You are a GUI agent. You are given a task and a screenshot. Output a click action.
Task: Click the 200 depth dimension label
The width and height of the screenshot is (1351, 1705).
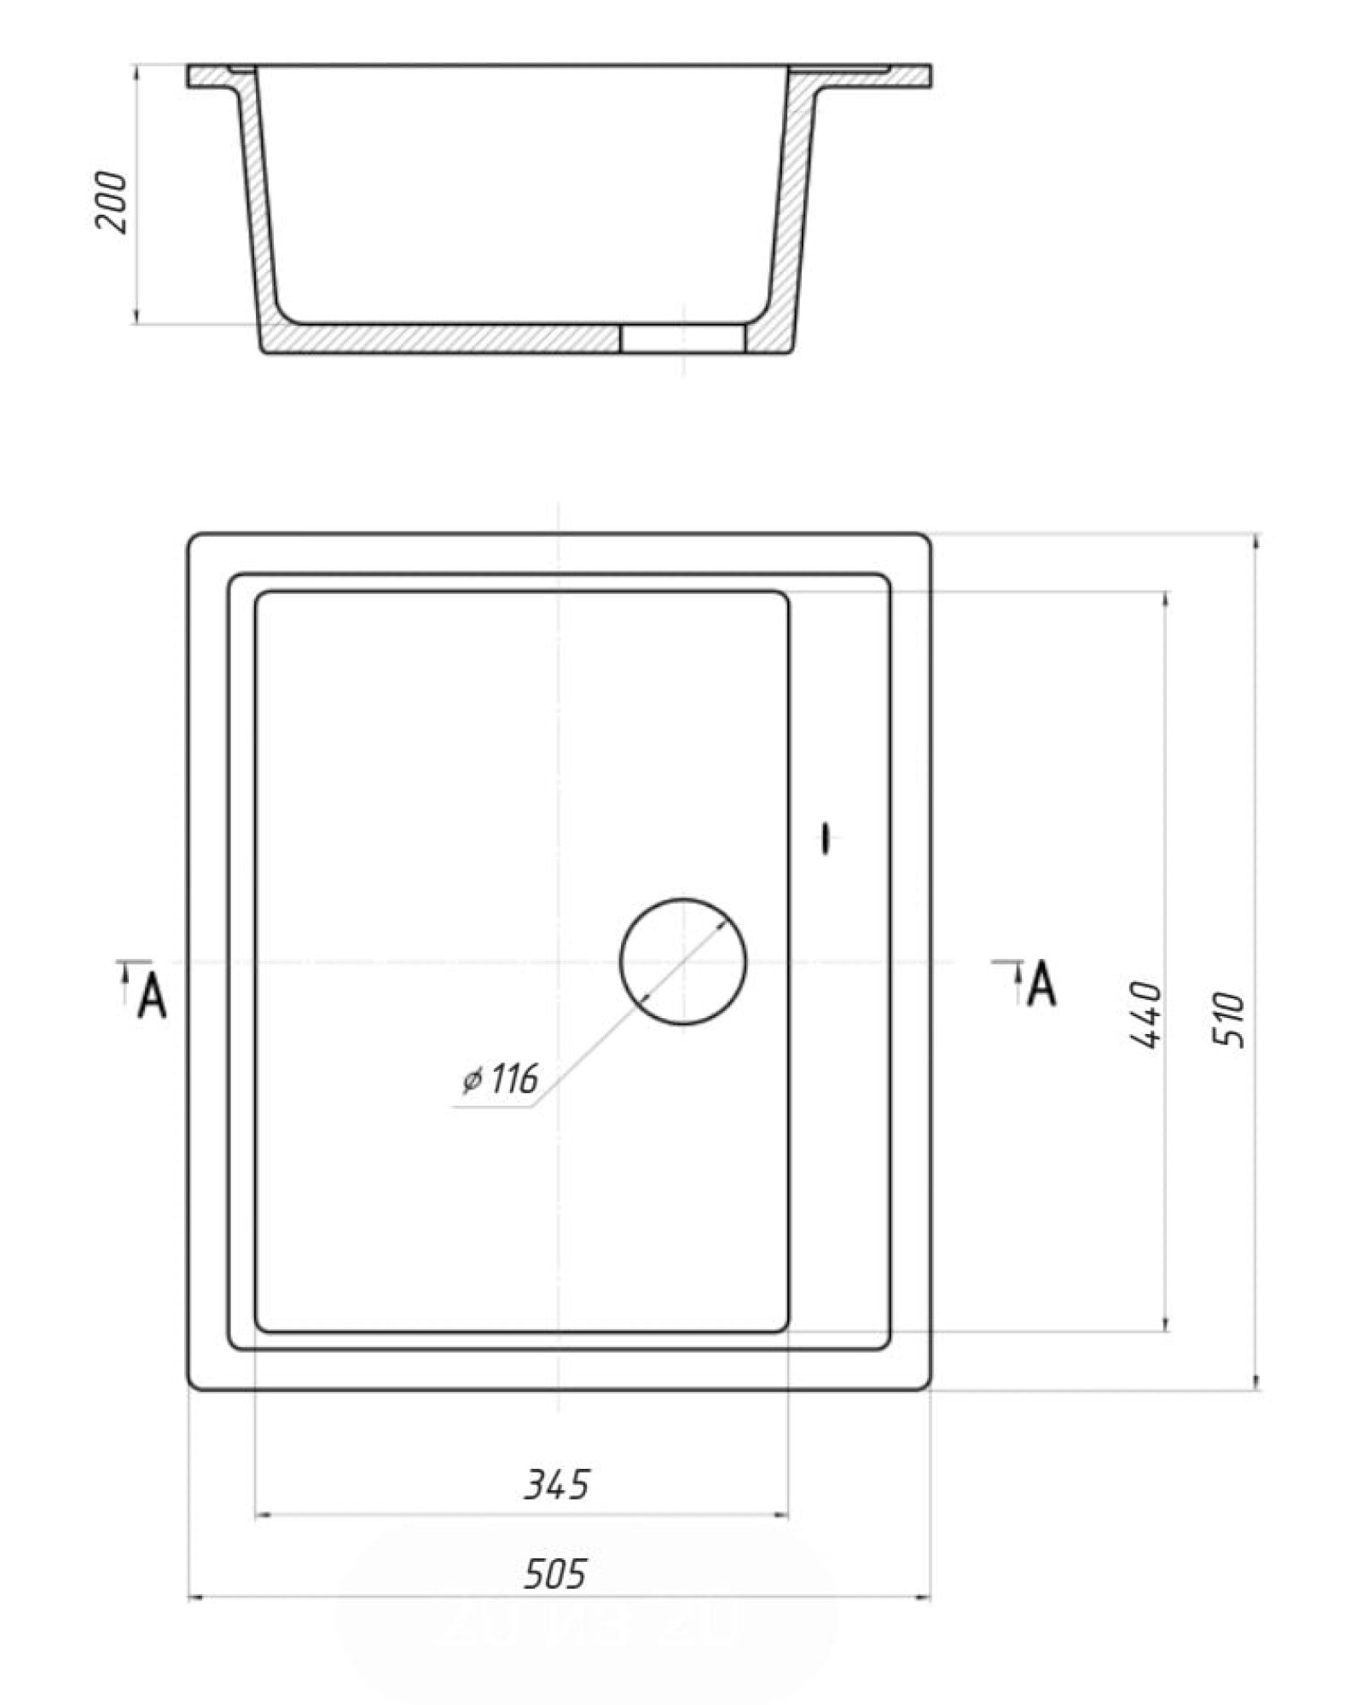tap(111, 202)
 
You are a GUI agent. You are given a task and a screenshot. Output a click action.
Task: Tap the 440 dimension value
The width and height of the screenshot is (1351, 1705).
tap(1145, 1014)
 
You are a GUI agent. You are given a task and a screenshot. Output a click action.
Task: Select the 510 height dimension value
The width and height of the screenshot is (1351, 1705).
tap(1228, 1020)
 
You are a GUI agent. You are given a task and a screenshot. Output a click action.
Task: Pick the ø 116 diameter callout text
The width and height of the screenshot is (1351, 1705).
tap(501, 1080)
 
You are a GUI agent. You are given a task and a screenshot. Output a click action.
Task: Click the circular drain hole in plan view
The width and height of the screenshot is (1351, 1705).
tap(682, 961)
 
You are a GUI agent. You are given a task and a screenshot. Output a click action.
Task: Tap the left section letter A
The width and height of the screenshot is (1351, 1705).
tap(153, 995)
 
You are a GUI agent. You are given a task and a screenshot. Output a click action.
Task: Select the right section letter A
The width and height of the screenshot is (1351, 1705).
tap(1042, 984)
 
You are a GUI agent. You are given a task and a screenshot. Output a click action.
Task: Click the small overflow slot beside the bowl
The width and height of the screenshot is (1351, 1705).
tap(825, 838)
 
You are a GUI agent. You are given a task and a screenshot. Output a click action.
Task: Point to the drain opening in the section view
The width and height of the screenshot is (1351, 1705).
tap(682, 338)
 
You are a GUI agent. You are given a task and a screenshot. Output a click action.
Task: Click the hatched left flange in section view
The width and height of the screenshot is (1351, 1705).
tap(209, 78)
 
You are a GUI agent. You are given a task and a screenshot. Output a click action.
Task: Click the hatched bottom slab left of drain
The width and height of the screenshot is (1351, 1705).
tap(444, 339)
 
